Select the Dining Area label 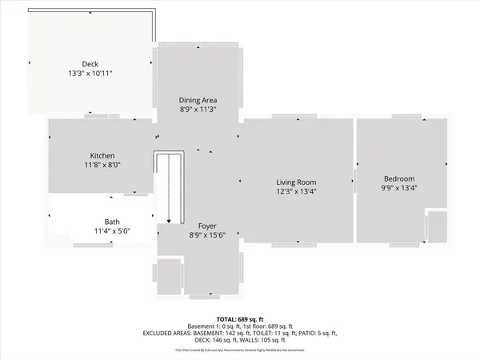pyautogui.click(x=198, y=99)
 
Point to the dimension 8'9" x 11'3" pyautogui.click(x=198, y=109)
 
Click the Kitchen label pyautogui.click(x=102, y=155)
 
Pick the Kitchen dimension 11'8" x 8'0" pyautogui.click(x=102, y=165)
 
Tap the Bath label pyautogui.click(x=112, y=222)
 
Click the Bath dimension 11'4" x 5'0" pyautogui.click(x=112, y=231)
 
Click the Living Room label pyautogui.click(x=296, y=182)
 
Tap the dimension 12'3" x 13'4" pyautogui.click(x=296, y=192)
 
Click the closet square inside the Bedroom pyautogui.click(x=437, y=226)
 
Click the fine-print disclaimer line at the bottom pyautogui.click(x=240, y=349)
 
